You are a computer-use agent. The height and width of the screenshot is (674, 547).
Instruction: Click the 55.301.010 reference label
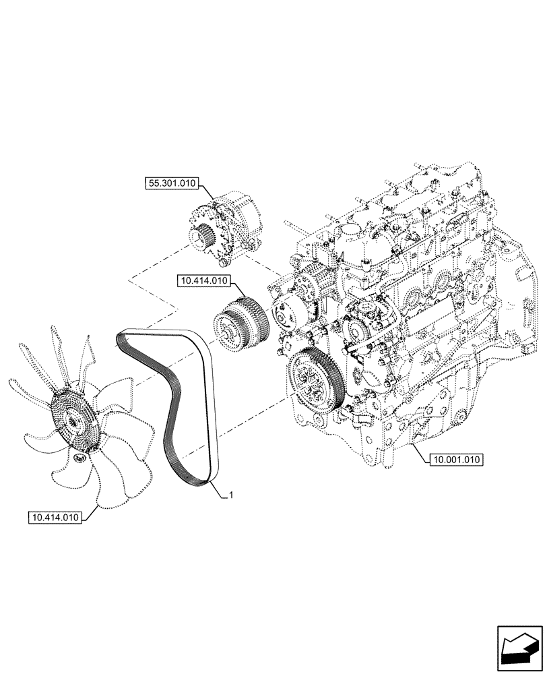tap(172, 182)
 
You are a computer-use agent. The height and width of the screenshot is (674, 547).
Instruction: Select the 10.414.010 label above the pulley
tap(205, 280)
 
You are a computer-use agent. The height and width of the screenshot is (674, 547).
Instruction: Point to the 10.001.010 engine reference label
tap(455, 460)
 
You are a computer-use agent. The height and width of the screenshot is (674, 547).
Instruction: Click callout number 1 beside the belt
tap(232, 496)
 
